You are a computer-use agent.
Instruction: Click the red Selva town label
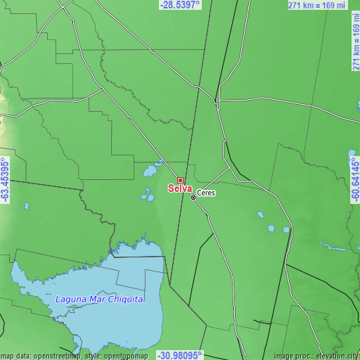click(179, 188)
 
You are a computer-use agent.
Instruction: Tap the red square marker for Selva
click(180, 181)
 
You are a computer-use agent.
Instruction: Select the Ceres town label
click(207, 193)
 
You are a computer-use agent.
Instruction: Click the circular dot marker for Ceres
click(194, 198)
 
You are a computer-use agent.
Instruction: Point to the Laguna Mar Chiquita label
click(99, 300)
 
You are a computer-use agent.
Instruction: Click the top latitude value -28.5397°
click(180, 4)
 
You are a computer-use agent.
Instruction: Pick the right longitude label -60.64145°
click(355, 180)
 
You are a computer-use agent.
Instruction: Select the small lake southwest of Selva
click(148, 195)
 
